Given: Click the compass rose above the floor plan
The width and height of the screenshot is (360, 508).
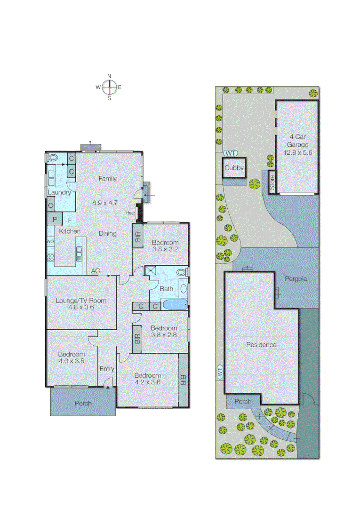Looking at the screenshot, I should (109, 87).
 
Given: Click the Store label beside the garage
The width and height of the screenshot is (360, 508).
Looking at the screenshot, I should (272, 182).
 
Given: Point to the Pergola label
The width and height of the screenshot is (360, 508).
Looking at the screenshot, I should (296, 278).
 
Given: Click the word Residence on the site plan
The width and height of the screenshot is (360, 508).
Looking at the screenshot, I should (261, 344).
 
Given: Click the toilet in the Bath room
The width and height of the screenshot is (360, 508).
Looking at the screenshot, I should (182, 272).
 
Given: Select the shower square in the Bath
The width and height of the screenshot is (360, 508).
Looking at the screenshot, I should (151, 270).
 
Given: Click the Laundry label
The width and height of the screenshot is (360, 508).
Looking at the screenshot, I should (59, 192).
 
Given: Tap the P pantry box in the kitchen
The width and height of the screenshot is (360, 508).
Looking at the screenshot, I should (55, 219).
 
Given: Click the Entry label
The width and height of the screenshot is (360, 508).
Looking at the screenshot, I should (107, 369).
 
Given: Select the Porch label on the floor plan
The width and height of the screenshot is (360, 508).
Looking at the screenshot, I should (83, 403).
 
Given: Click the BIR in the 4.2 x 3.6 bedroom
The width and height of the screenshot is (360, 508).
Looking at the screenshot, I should (184, 380).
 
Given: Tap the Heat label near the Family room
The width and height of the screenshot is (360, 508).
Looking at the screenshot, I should (130, 213).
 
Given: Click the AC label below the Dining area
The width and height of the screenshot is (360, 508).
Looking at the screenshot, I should (96, 271).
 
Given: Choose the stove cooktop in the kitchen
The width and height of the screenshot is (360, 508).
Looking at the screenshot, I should (50, 258).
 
